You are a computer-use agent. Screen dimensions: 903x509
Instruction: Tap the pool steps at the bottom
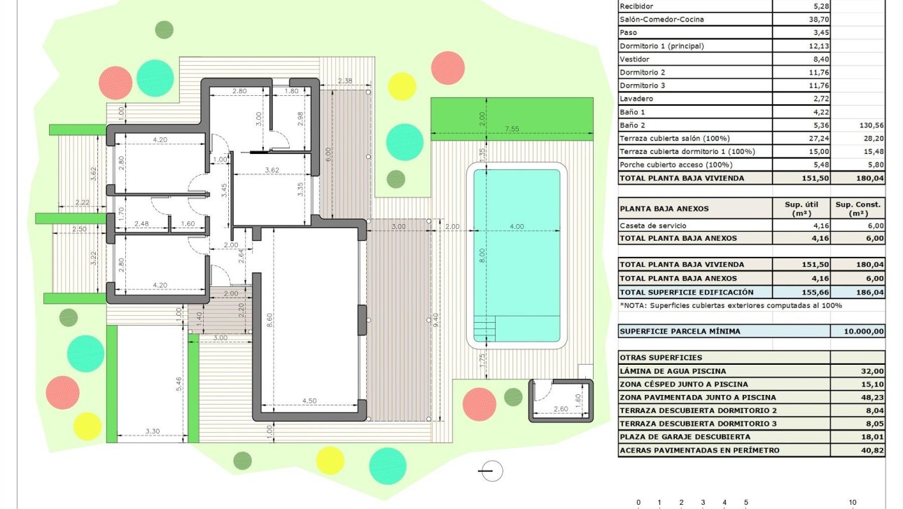coord(485,327)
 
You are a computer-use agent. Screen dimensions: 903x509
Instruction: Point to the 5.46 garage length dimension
coord(179,383)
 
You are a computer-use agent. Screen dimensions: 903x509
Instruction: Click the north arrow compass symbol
coord(493,471)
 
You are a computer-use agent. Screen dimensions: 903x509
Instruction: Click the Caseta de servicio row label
coord(653,225)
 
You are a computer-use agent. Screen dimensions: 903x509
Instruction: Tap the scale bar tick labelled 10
coord(853,503)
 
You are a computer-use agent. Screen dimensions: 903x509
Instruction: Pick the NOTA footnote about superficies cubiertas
coord(731,305)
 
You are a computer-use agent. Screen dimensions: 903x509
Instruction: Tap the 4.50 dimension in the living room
coord(309,401)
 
